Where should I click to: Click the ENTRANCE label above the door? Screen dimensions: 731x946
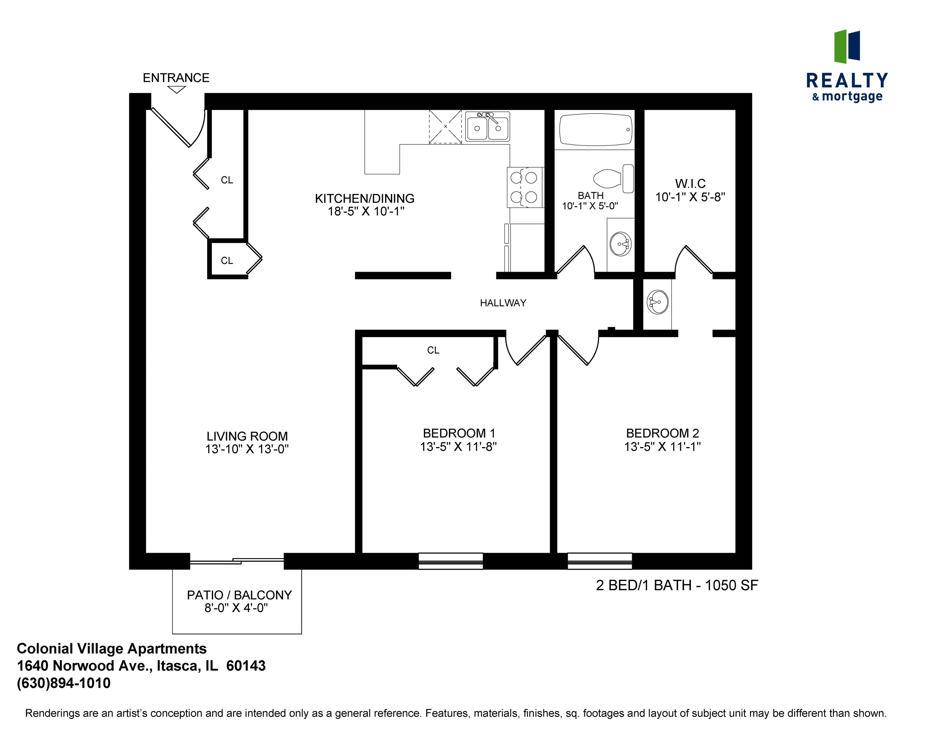(176, 78)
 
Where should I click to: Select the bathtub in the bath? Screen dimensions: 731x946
(595, 129)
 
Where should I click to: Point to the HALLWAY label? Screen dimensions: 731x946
(503, 303)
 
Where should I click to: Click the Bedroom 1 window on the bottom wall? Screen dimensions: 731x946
(450, 561)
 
